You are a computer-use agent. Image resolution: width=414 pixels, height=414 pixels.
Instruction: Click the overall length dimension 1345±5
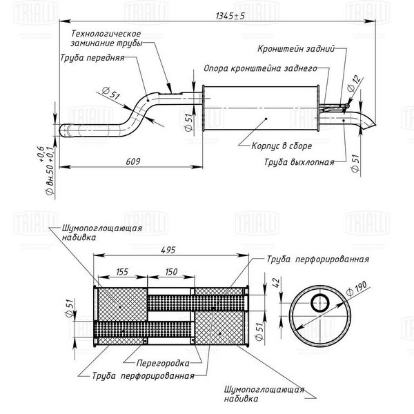(x=230, y=16)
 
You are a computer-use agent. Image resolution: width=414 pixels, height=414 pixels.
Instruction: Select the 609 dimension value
(x=133, y=161)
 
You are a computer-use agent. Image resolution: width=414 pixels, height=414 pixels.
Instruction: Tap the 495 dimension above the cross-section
(x=168, y=250)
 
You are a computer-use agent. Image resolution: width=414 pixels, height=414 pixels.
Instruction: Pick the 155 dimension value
(x=122, y=272)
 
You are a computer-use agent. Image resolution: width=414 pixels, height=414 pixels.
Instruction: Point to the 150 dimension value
(x=171, y=272)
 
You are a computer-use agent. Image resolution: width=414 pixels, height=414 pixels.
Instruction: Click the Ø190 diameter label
(x=357, y=288)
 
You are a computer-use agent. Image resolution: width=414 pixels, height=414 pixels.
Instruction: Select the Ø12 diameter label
(x=353, y=83)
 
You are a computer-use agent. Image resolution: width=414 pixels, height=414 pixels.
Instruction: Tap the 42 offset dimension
(x=275, y=282)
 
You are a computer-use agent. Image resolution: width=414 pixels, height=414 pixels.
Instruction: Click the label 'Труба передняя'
(x=92, y=57)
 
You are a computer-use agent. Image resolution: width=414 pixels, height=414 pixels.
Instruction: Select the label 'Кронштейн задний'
(x=296, y=48)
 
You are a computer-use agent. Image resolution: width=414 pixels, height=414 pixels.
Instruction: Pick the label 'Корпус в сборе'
(x=282, y=146)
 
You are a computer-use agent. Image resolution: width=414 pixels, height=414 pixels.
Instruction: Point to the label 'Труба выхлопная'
(x=299, y=162)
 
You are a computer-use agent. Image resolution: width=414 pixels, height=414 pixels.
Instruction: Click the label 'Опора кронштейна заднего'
(x=260, y=68)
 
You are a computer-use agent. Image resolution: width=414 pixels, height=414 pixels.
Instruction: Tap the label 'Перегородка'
(x=163, y=364)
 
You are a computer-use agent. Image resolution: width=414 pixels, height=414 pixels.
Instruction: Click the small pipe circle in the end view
(x=320, y=303)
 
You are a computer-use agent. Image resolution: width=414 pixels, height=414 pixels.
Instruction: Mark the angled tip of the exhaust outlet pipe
(x=375, y=125)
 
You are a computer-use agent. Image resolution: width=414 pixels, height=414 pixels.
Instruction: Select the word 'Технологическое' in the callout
(x=106, y=34)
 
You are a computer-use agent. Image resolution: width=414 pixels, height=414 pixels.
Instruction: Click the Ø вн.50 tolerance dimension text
(x=45, y=170)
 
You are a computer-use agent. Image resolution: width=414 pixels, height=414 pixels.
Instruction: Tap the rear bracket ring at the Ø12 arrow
(x=347, y=106)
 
